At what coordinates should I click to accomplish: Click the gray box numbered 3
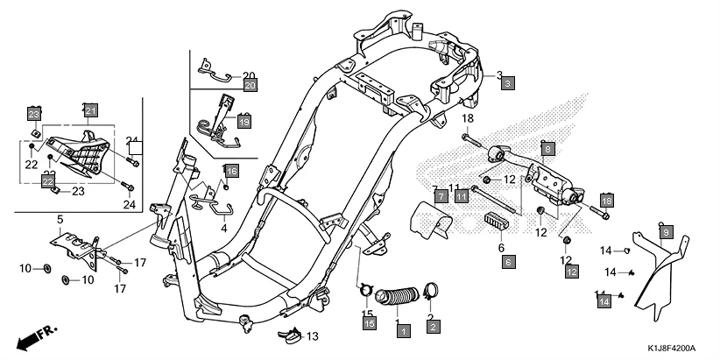click(x=508, y=84)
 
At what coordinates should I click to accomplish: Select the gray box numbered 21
click(x=91, y=110)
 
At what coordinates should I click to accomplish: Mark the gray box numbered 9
click(x=666, y=232)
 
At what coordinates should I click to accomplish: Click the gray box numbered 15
click(x=370, y=324)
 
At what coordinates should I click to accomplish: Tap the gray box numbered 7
click(x=441, y=195)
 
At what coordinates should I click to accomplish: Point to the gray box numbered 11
click(x=461, y=195)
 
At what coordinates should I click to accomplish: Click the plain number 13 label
click(x=313, y=336)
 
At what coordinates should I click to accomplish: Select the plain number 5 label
click(x=60, y=218)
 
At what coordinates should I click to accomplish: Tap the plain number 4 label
click(x=223, y=227)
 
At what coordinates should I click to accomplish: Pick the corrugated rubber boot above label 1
click(x=400, y=298)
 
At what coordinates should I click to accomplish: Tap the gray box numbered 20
click(x=250, y=86)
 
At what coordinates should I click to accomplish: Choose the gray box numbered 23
click(x=34, y=115)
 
